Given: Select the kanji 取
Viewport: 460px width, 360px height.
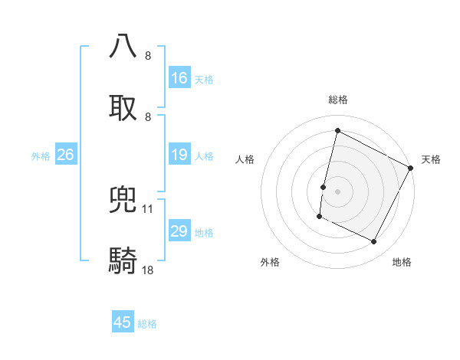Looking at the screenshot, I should click(x=123, y=106).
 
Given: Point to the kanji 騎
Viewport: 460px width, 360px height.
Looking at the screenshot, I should click(x=123, y=260).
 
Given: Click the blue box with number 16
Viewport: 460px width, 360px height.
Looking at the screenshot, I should click(x=179, y=78).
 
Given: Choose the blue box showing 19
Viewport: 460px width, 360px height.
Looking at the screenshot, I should click(x=179, y=155).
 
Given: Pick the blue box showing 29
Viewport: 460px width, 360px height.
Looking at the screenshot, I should click(x=179, y=232).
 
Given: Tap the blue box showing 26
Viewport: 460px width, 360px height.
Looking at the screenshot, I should click(x=65, y=155).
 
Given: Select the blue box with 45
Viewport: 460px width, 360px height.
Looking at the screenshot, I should click(x=123, y=322).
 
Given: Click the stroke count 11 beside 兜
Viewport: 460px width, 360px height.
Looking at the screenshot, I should click(x=148, y=208).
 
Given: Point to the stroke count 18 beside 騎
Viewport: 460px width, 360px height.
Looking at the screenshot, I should click(x=148, y=270).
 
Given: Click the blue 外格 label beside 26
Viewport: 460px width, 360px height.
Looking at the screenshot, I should click(x=41, y=156).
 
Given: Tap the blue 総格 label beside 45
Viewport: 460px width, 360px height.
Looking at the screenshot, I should click(x=147, y=324).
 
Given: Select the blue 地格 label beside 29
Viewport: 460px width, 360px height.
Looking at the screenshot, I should click(x=204, y=233).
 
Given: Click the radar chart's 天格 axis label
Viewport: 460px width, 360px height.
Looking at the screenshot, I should click(x=431, y=159).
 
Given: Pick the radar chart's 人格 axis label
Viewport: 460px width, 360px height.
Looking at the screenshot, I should click(x=245, y=159).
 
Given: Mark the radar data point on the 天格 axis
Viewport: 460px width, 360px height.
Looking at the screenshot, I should click(x=412, y=168).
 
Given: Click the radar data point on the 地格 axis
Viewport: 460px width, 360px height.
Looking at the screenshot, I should click(x=374, y=242).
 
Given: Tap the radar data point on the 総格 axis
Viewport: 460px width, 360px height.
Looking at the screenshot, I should click(x=337, y=130).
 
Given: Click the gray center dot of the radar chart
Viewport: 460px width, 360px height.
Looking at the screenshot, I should click(x=337, y=191).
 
